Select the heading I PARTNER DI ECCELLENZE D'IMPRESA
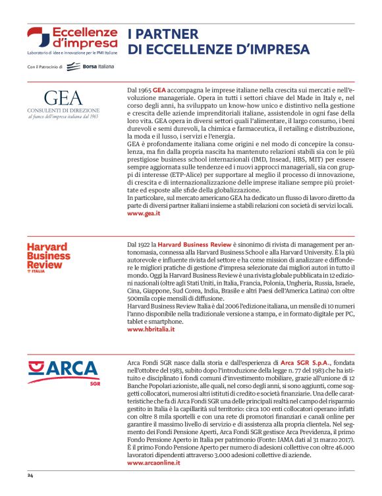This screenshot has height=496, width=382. (218, 41)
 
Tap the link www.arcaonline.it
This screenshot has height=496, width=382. (153, 463)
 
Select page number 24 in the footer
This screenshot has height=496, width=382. (30, 475)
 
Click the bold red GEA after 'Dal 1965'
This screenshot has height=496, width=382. (159, 87)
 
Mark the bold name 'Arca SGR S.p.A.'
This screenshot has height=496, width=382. (304, 362)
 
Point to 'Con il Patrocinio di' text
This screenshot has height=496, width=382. (44, 67)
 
